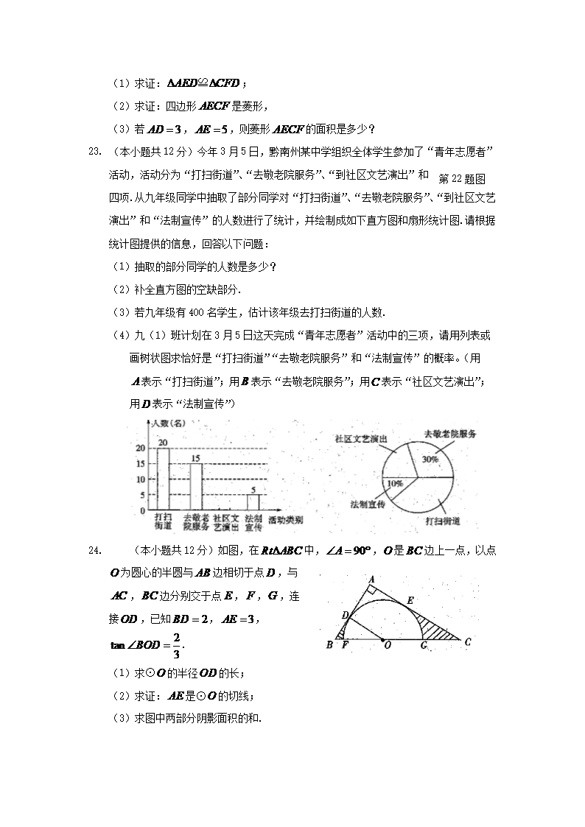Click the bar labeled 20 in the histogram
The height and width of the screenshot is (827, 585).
(163, 479)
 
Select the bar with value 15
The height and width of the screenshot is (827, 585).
(196, 486)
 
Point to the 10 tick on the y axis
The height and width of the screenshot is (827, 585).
(141, 479)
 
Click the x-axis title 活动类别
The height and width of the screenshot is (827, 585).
(286, 521)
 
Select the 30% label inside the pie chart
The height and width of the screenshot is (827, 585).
(430, 459)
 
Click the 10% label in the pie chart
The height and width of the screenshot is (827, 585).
(395, 484)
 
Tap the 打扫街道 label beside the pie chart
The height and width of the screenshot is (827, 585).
(443, 521)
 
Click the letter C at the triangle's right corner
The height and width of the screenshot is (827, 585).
(467, 641)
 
